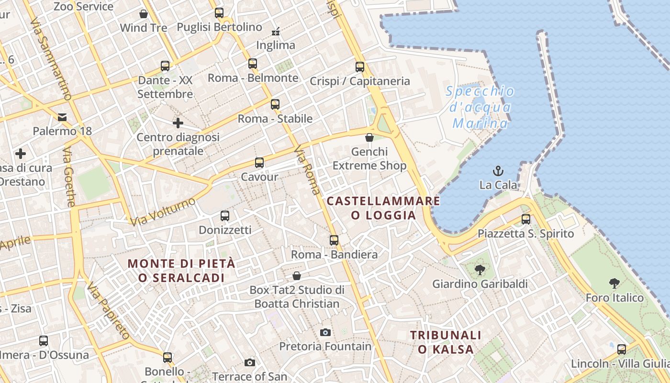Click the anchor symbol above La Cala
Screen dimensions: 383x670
click(x=498, y=170)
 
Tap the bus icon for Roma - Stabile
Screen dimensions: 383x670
click(x=275, y=104)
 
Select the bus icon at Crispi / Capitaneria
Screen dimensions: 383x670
click(x=360, y=67)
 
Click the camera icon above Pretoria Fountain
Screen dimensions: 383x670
click(x=325, y=332)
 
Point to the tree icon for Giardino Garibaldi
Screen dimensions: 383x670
click(x=480, y=270)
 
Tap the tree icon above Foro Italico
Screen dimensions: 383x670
click(x=614, y=283)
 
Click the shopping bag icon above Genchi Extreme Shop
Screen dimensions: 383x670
click(x=369, y=138)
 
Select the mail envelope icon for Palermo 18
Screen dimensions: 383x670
click(x=62, y=117)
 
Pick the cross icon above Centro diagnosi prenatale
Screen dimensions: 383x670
click(x=178, y=123)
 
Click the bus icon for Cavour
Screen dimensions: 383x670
click(x=259, y=163)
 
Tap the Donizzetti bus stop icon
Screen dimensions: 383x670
click(x=225, y=216)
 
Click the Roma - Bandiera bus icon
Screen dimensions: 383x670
click(x=334, y=240)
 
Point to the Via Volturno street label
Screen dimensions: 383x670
click(x=163, y=211)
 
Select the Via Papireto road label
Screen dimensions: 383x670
click(x=109, y=311)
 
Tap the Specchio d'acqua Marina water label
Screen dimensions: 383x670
click(x=480, y=107)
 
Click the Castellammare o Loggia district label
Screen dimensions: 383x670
click(x=383, y=208)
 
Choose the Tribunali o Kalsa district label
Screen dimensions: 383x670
click(x=446, y=342)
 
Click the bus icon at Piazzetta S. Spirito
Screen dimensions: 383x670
click(x=526, y=219)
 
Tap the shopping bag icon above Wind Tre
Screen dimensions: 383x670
click(x=143, y=14)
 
